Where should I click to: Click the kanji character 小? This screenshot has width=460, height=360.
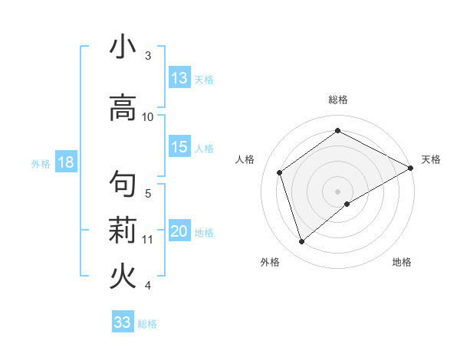click(x=123, y=47)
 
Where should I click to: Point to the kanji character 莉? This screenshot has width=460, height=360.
click(x=123, y=229)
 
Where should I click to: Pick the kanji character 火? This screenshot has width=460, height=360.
click(x=123, y=276)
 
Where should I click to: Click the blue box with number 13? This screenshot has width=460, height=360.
click(x=179, y=78)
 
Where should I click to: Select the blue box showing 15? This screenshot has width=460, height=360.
click(x=179, y=148)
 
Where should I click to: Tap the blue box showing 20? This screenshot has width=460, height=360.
click(x=179, y=232)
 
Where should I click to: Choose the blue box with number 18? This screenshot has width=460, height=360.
click(x=64, y=163)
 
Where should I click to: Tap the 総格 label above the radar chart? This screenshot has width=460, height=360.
click(x=337, y=100)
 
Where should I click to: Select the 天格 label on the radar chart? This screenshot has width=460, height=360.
click(x=431, y=159)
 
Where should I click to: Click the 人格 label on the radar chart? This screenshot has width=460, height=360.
click(x=245, y=159)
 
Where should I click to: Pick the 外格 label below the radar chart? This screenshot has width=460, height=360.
click(x=270, y=262)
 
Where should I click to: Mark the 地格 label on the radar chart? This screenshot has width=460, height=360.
click(x=402, y=262)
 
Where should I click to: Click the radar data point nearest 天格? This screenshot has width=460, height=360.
click(x=411, y=168)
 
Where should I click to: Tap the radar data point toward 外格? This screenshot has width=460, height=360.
click(x=301, y=242)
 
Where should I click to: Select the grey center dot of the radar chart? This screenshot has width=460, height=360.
click(x=337, y=191)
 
